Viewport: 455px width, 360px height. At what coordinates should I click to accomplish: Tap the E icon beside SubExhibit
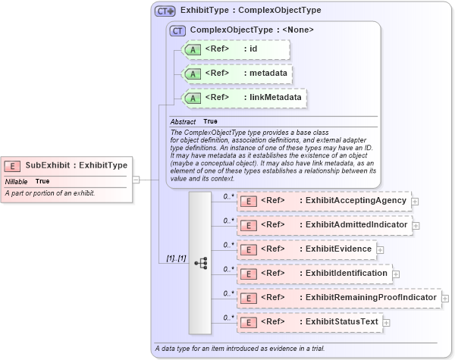coord(13,164)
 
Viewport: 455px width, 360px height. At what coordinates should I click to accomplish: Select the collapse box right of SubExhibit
coord(136,180)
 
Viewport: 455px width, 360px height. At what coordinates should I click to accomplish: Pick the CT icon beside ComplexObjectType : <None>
coord(178,30)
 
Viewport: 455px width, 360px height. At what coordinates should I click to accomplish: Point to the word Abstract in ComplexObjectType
coord(183,121)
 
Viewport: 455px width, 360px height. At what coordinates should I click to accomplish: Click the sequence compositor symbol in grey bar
coord(200,262)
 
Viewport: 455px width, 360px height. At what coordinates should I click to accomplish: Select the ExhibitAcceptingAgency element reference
coord(327,201)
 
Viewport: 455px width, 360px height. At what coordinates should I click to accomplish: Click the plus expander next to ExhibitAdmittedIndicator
coord(416,225)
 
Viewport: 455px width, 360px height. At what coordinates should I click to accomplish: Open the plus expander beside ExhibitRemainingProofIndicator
coord(445,298)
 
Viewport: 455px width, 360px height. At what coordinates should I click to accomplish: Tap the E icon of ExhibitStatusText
coord(248,322)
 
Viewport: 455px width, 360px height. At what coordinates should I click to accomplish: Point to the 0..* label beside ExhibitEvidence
coord(228,244)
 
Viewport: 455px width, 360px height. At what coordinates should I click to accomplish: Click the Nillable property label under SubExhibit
coord(17,181)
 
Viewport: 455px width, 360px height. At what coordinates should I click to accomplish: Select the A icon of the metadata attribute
coord(193,74)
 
